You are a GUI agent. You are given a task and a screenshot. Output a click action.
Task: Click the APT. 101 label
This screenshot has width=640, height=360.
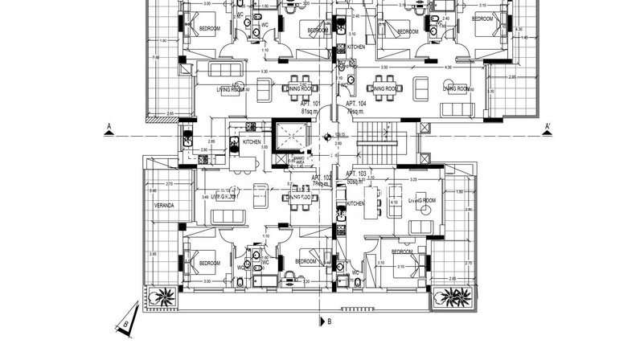pos(311,104)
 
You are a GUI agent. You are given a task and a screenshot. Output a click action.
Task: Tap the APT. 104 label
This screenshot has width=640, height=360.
pos(356,104)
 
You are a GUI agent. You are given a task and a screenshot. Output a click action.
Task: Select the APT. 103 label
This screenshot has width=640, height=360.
pos(355,174)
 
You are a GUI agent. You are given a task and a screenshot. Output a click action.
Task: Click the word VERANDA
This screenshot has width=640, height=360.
pos(165,205)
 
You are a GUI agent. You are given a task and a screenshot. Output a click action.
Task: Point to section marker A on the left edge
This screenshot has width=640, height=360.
pos(108,126)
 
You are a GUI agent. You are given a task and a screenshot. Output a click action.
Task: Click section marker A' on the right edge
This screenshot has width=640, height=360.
pos(546,126)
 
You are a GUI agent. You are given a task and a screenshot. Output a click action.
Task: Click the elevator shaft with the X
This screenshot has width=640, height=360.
pos(292,137)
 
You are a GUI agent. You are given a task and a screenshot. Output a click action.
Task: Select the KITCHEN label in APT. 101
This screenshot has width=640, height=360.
pos(252,142)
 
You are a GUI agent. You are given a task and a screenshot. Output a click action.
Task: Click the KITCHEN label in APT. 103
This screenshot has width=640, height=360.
pos(355,204)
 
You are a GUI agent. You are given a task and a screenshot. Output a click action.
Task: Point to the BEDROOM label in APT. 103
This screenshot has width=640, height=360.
pos(401,252)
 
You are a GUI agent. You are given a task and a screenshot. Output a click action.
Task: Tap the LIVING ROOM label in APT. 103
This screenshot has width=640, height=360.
pos(421,199)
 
